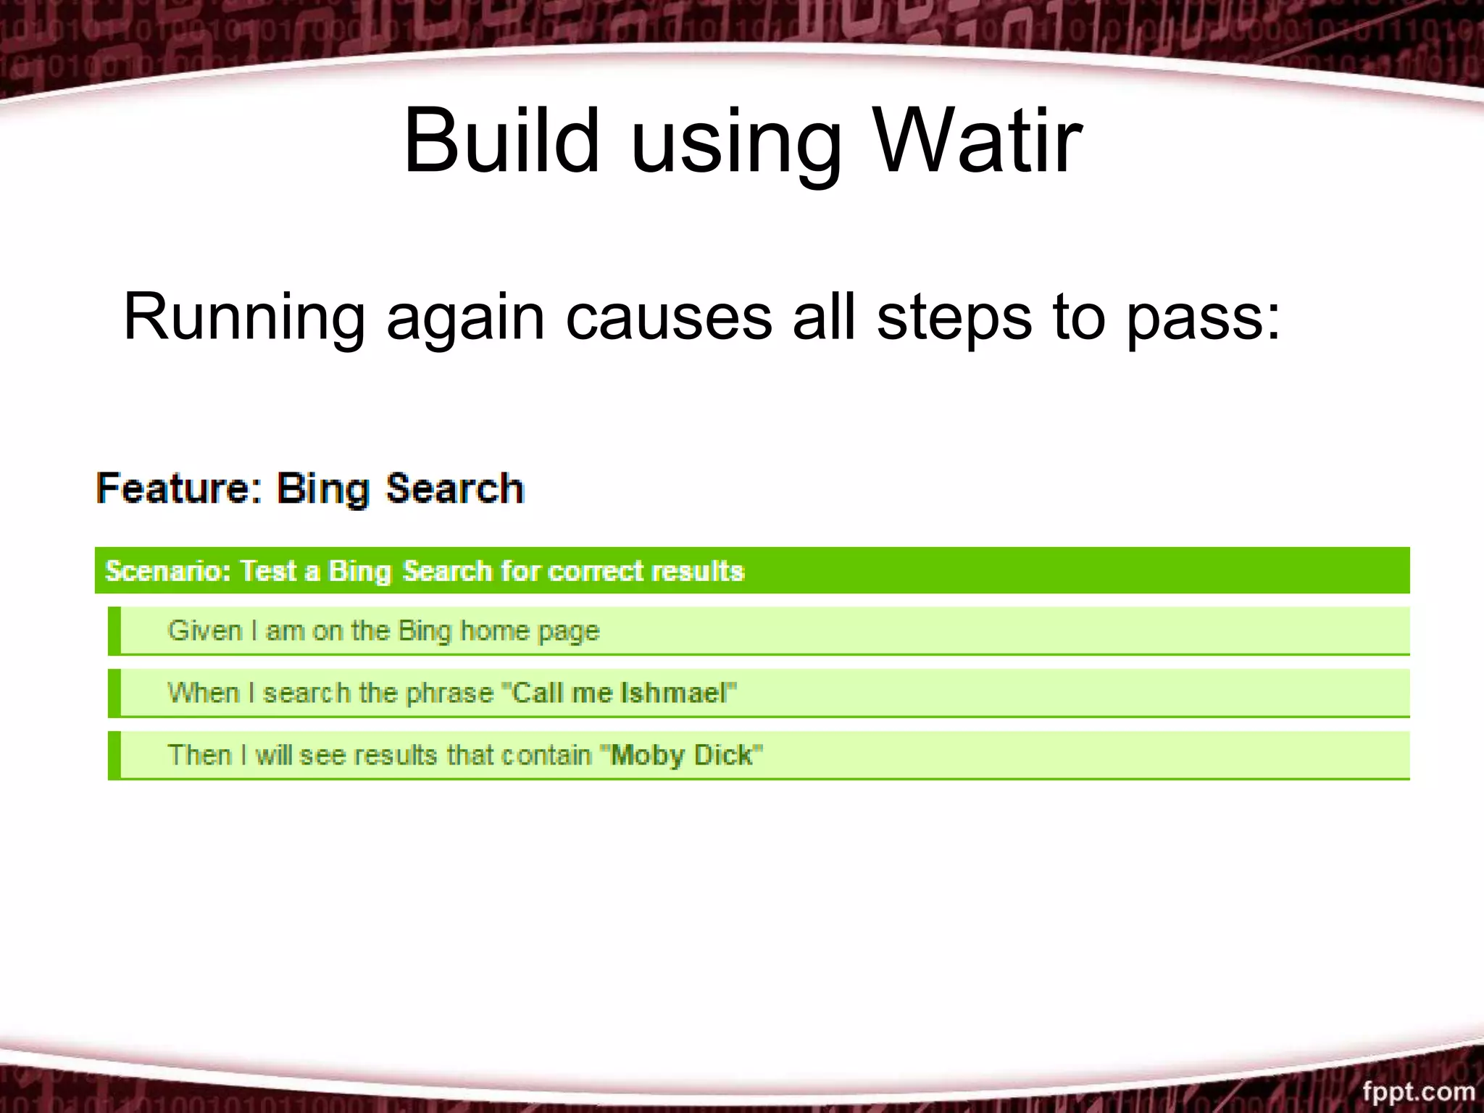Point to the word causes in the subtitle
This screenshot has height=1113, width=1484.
(x=668, y=317)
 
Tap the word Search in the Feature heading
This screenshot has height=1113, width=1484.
(x=454, y=488)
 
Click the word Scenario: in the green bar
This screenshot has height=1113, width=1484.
(x=168, y=571)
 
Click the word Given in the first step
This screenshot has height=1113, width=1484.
(x=204, y=630)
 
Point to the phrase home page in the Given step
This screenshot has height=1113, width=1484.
(x=530, y=631)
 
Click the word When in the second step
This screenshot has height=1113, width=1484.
(x=203, y=693)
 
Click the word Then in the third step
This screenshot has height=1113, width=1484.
(x=199, y=755)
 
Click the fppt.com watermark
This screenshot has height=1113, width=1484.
(x=1418, y=1091)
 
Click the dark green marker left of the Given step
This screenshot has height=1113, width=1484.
(x=114, y=631)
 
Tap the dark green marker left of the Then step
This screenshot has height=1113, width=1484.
(x=114, y=756)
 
